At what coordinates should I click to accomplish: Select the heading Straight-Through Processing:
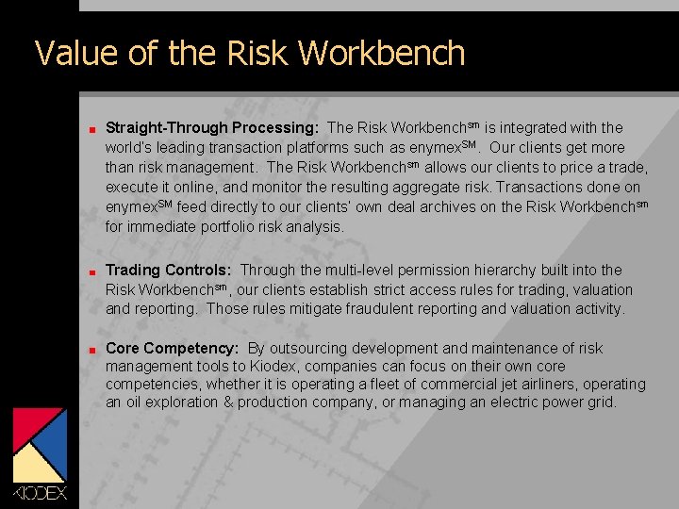pyautogui.click(x=212, y=127)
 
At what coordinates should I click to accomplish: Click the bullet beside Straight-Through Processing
pyautogui.click(x=84, y=128)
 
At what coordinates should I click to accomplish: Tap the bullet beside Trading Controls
pyautogui.click(x=84, y=271)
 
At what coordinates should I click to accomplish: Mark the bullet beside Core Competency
pyautogui.click(x=84, y=350)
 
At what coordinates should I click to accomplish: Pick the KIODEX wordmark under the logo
pyautogui.click(x=40, y=493)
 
